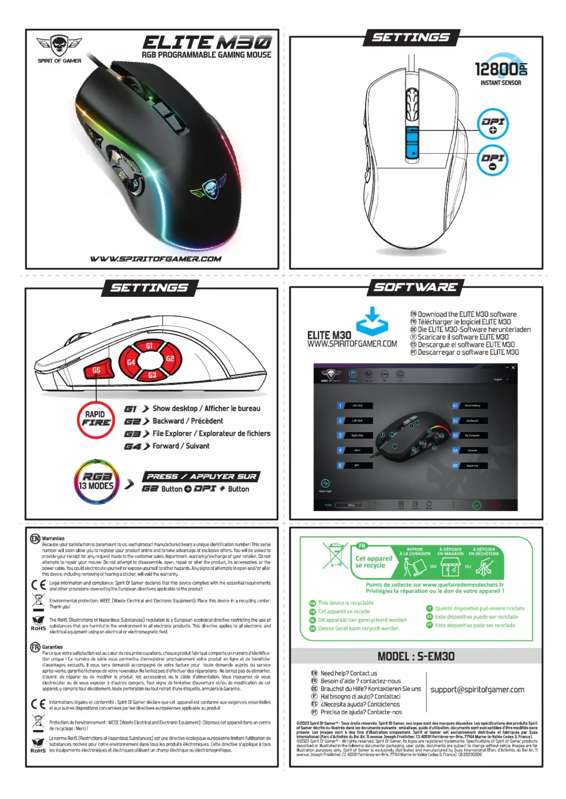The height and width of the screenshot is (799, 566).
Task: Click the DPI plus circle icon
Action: click(493, 124)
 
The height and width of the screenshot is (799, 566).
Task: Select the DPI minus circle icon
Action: click(493, 160)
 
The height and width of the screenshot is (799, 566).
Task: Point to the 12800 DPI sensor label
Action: click(500, 69)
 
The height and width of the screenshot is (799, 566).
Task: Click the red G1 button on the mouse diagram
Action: click(149, 346)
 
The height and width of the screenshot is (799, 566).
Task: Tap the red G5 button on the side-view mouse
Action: click(97, 369)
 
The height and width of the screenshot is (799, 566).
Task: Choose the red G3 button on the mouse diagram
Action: click(152, 374)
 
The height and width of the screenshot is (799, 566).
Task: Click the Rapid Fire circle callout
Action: click(96, 419)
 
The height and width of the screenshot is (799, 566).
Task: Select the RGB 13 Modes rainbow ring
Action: click(96, 482)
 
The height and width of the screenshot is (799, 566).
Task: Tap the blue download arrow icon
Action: click(372, 321)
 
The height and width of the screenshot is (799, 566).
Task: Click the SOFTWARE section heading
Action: click(415, 287)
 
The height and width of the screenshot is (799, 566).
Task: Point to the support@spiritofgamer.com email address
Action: click(477, 690)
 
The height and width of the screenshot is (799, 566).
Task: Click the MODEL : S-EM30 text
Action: click(416, 656)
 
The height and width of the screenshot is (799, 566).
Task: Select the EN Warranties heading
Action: click(53, 538)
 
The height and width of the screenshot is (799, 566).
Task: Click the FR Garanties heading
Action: click(52, 647)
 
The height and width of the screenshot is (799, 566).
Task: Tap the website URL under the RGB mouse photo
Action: click(156, 259)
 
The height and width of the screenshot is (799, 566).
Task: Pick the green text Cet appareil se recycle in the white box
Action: click(374, 562)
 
